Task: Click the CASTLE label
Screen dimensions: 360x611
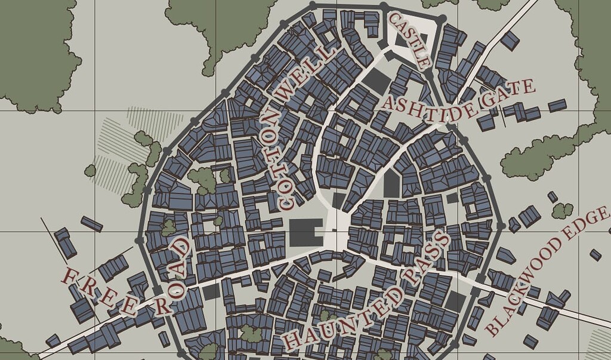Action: coord(409,41)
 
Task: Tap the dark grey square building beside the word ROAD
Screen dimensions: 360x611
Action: coord(211,292)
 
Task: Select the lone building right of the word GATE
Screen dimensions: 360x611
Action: coord(557,105)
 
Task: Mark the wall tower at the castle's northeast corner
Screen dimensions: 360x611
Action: coord(441,20)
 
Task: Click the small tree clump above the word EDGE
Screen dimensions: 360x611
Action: coord(561,210)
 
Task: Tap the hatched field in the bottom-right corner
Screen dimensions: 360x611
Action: coord(600,343)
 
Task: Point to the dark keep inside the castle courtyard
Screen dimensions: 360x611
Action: coord(402,39)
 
